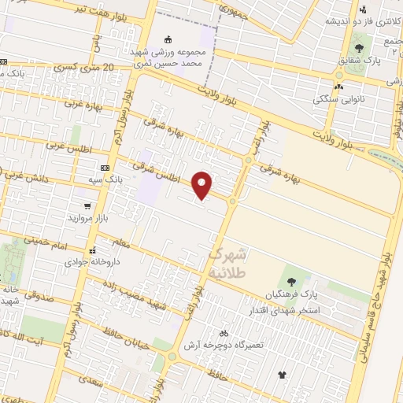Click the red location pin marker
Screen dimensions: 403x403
[x=202, y=185]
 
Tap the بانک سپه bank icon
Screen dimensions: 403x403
[x=105, y=168]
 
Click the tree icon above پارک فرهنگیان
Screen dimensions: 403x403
[x=291, y=280]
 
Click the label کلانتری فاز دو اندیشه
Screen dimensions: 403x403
[x=360, y=20]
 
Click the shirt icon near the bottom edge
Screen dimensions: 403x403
[x=283, y=374]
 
